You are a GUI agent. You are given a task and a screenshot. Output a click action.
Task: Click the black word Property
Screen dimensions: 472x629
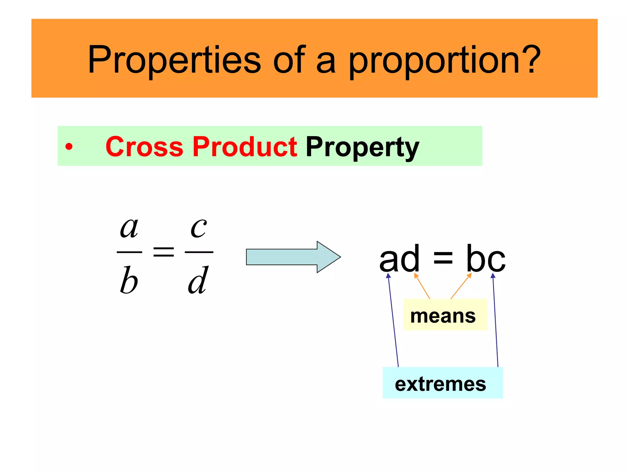362,147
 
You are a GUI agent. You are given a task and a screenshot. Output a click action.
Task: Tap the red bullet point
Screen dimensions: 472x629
69,147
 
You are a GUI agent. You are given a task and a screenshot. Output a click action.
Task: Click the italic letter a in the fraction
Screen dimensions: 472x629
129,228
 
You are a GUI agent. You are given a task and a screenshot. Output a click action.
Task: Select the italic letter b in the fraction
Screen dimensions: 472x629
129,280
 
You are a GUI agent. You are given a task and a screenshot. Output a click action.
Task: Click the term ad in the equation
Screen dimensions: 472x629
399,259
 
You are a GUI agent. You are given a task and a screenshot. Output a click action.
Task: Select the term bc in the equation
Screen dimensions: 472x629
486,259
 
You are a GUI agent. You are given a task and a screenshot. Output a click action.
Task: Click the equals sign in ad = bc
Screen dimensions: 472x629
443,259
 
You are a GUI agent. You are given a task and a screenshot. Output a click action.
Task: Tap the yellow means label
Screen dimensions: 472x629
445,315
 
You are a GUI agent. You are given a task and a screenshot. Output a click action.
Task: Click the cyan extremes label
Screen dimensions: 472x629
442,383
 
